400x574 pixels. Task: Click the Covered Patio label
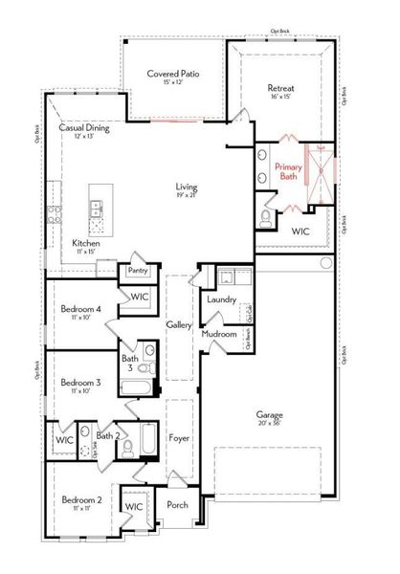coord(172,73)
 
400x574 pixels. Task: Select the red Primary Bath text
coord(290,171)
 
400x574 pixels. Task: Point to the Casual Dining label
coord(85,126)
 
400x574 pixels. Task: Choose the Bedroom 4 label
coord(81,308)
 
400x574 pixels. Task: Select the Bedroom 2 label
coord(81,499)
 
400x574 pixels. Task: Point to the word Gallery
coord(179,325)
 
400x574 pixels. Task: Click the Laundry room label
coord(221,299)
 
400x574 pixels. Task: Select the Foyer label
coord(179,438)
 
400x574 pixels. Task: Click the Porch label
coord(177,505)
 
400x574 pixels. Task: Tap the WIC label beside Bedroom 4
coord(140,298)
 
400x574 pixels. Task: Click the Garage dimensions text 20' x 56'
coord(269,424)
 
